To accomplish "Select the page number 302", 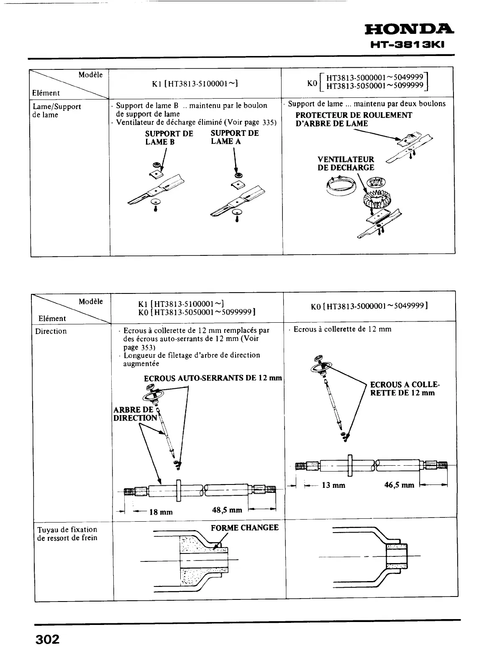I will click(47, 640).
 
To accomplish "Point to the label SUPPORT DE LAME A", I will click(234, 137).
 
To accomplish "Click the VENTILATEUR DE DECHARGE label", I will click(346, 163).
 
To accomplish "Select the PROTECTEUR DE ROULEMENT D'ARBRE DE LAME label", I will click(354, 119).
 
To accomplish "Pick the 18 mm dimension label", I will click(161, 512).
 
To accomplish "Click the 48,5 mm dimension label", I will click(227, 510).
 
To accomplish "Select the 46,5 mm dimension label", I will click(399, 485).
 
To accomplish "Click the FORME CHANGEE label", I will click(244, 528).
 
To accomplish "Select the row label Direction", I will click(51, 331).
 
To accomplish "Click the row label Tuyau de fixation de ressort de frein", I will click(67, 533).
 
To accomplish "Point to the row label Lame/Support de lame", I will click(56, 110).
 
